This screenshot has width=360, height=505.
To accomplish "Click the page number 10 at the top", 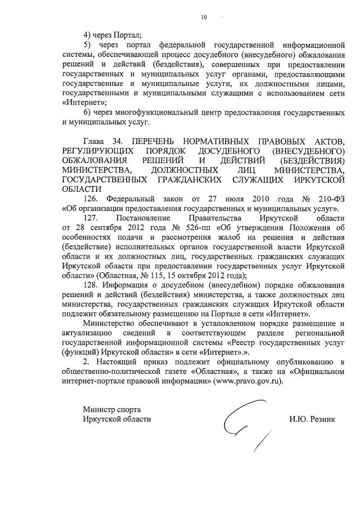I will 204,18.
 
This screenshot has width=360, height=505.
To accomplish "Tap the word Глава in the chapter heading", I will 93,141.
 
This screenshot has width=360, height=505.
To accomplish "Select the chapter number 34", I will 117,141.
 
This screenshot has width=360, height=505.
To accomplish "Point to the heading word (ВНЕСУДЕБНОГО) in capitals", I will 308,151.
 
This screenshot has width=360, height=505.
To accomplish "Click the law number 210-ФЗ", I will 331,199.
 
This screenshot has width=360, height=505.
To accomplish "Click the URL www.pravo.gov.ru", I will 249,380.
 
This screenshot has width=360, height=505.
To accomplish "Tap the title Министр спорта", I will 111,409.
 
